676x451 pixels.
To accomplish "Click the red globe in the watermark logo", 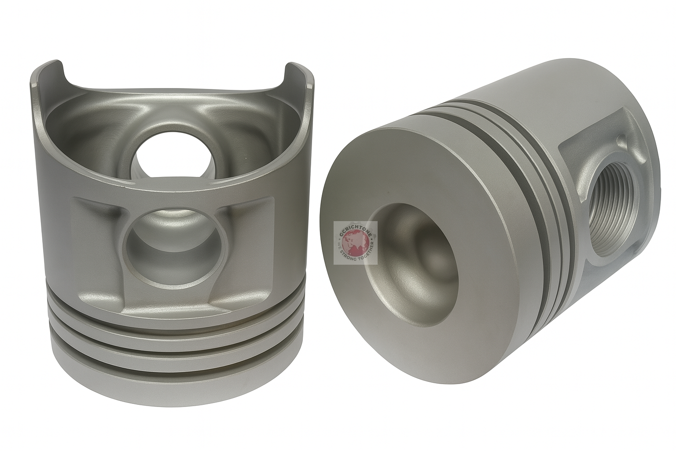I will (355, 242).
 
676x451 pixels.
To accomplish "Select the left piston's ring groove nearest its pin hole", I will (176, 318).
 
